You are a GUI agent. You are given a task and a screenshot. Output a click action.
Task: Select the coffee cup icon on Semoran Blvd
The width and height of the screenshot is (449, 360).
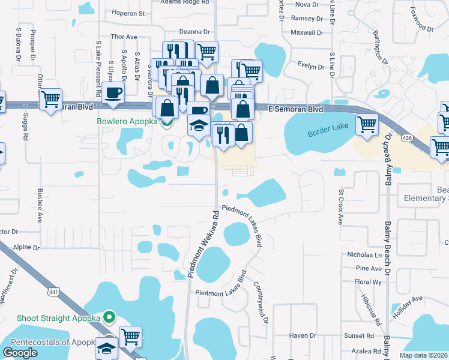tap(113, 92)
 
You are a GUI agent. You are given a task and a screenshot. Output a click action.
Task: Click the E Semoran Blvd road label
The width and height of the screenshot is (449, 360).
tap(295, 109)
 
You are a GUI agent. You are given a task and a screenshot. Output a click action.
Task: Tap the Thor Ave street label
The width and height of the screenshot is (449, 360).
tap(124, 37)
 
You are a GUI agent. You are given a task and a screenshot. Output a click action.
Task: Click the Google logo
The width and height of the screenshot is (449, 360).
tap(20, 353)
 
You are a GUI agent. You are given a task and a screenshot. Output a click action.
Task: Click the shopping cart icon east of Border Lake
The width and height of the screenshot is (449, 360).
tap(367, 125)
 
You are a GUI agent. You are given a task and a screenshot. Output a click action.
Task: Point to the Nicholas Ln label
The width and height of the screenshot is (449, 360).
tap(364, 255)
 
